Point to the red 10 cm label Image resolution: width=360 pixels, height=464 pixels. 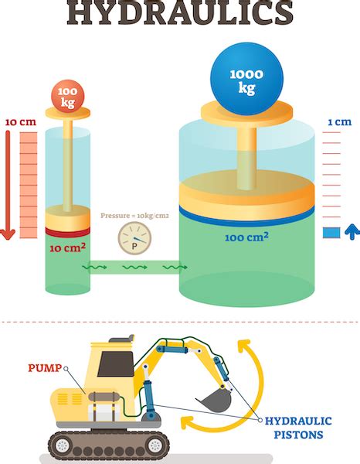[x=19, y=122]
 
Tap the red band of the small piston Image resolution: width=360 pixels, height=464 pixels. [x=67, y=230]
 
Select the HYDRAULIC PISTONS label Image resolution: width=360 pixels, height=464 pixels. [x=298, y=427]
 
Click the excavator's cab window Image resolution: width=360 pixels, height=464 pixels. [x=109, y=364]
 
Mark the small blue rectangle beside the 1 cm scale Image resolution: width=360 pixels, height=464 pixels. [x=331, y=233]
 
